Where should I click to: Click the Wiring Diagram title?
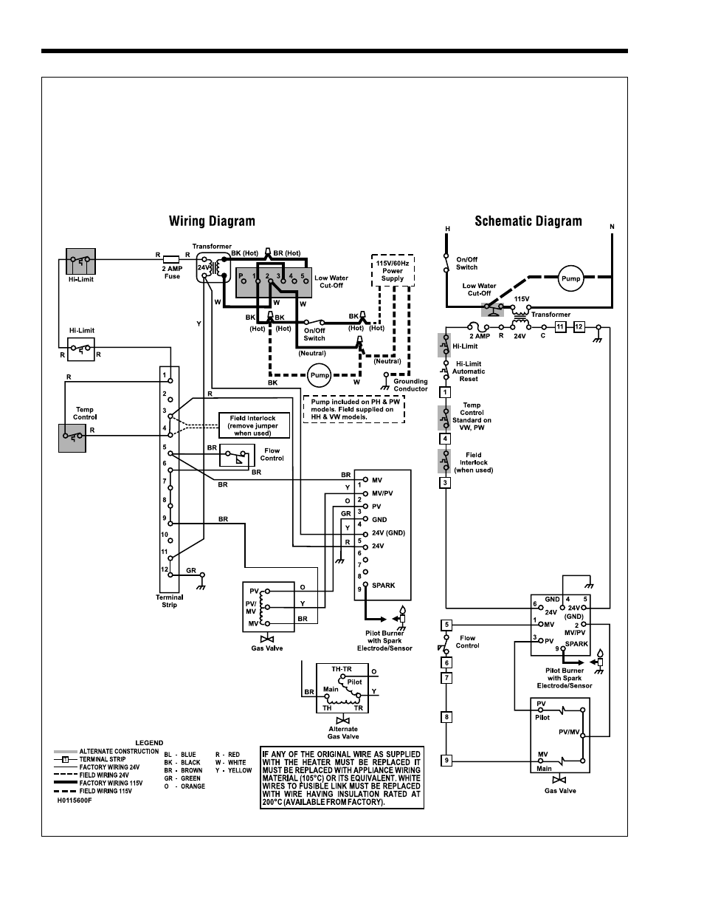click(x=212, y=222)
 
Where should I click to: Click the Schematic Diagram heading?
click(x=528, y=222)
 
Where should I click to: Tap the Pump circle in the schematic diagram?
click(x=570, y=278)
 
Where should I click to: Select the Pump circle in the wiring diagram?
click(x=320, y=375)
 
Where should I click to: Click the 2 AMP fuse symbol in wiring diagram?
click(x=171, y=259)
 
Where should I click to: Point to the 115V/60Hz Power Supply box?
click(x=393, y=271)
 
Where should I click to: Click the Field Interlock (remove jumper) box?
click(x=254, y=425)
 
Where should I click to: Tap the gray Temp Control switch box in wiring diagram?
click(x=72, y=438)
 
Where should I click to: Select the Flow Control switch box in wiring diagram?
click(x=237, y=456)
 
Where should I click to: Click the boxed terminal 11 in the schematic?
click(x=561, y=326)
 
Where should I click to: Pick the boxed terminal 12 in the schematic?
click(x=579, y=326)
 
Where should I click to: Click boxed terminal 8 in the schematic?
click(x=446, y=717)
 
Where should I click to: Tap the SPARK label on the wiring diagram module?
click(x=383, y=585)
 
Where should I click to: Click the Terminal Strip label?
click(x=170, y=601)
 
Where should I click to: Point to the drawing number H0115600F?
click(x=75, y=800)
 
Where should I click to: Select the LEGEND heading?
click(x=149, y=742)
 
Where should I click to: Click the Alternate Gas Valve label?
click(x=343, y=733)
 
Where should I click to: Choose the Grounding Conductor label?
click(x=410, y=385)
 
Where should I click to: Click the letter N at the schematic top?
click(x=612, y=227)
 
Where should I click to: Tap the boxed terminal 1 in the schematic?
click(x=445, y=392)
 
